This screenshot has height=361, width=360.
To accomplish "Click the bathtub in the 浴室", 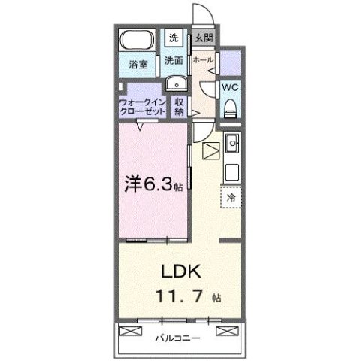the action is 137,40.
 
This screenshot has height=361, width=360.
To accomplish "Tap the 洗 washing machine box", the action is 174,38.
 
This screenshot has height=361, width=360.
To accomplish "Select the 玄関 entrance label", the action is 204,38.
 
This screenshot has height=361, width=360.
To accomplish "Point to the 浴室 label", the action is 138,65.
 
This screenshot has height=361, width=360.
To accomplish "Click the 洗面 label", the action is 174,60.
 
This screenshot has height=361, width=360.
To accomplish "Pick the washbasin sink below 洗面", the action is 177,83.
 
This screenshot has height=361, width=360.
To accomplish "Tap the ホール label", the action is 203,60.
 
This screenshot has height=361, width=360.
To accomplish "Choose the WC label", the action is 230,88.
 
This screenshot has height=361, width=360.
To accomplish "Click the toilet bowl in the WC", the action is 231,108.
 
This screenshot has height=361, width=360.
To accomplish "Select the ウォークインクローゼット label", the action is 143,107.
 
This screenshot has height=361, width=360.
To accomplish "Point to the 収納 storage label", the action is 179,107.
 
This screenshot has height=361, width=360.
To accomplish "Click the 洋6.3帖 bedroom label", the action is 153,184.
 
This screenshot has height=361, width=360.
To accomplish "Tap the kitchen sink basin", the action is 233,143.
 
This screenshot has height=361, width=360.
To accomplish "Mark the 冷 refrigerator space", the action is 231,197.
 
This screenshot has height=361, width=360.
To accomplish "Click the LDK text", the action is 181,272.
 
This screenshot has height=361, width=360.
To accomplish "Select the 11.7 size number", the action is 179,296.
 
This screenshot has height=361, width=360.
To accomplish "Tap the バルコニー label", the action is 178,338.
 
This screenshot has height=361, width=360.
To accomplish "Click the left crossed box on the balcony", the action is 131,331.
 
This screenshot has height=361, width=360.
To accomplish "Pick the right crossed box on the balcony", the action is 228,331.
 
